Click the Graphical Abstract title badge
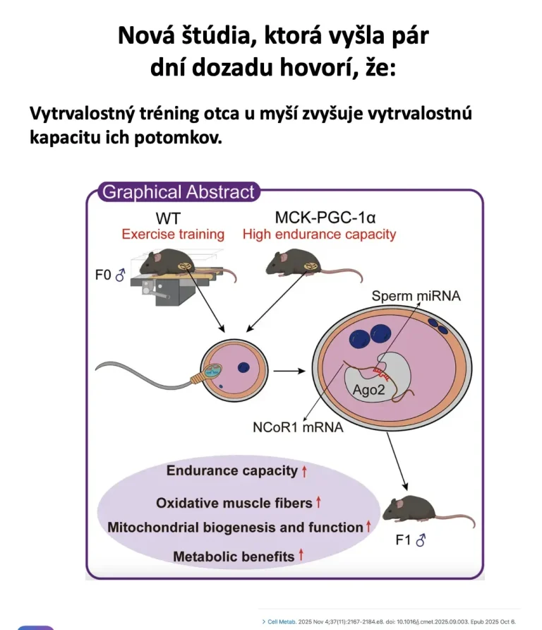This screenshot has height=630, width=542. (x=179, y=191)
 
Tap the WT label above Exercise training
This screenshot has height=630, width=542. (x=168, y=218)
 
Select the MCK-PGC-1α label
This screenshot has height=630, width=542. (x=325, y=218)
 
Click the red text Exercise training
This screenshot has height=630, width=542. (x=173, y=234)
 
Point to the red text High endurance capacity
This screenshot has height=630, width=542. (x=319, y=234)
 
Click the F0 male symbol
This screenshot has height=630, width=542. (x=120, y=275)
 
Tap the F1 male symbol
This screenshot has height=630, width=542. (x=421, y=540)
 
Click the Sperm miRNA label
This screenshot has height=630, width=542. (x=416, y=296)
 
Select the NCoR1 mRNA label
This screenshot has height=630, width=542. (x=298, y=427)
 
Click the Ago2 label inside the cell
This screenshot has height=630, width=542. (x=368, y=389)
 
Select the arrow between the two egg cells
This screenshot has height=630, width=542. (x=289, y=371)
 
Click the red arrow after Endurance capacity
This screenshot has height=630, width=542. (x=304, y=470)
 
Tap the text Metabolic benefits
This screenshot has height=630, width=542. (x=234, y=557)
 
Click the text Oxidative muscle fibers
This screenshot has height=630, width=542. (x=234, y=503)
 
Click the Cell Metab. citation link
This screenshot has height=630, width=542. (x=282, y=622)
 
